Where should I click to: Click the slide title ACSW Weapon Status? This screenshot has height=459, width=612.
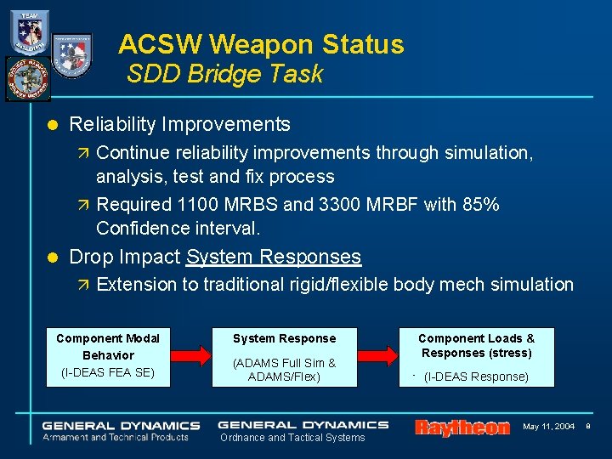coord(261,43)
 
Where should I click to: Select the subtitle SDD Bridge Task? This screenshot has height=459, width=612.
coord(224,75)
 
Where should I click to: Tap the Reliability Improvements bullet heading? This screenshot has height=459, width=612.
coord(179,124)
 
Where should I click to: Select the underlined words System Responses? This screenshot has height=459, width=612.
coord(274,257)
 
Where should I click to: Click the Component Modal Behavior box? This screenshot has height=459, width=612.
coord(108,355)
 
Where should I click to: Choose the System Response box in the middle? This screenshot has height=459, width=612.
coord(284,356)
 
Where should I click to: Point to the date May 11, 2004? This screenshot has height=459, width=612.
coord(548,426)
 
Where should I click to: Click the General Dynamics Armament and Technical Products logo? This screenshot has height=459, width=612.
coord(122,430)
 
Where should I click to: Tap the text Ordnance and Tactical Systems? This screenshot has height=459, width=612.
coord(292,438)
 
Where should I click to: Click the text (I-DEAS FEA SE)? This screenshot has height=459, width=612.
coord(108,372)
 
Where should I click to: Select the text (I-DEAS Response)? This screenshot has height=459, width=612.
coord(476,377)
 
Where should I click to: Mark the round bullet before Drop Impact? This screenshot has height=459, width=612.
coord(52,258)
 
